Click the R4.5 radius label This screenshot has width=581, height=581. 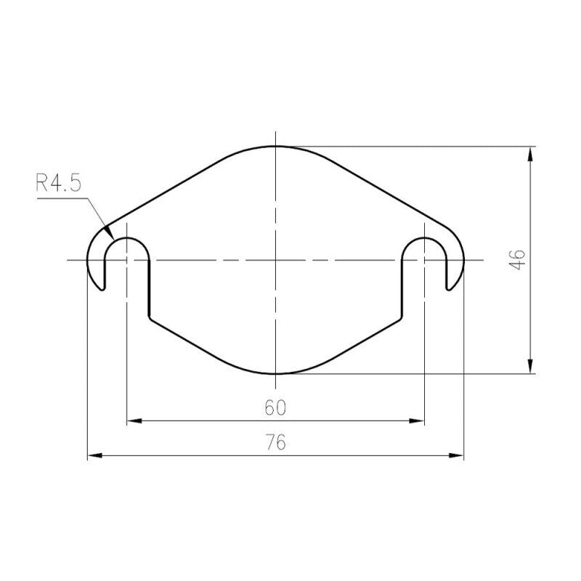pos(58,183)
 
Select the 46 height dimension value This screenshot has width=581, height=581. pos(517,260)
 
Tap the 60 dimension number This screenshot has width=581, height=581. pos(276,408)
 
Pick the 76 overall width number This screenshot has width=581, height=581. pos(276,442)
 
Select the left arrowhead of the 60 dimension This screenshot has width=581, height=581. pos(134,421)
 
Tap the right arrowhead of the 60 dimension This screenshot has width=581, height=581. pos(416,421)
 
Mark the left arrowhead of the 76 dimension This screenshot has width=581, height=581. pos(95,455)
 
